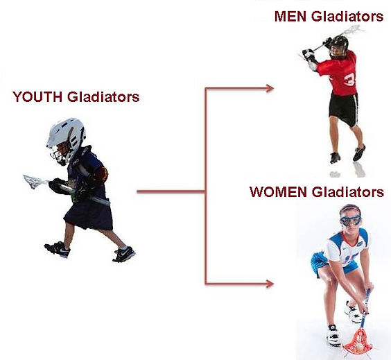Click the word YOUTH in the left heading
click(x=37, y=97)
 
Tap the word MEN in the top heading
click(x=290, y=17)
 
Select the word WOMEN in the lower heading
click(x=278, y=192)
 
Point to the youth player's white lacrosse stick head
click(x=33, y=181)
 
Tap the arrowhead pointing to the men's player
click(x=270, y=88)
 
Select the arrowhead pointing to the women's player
click(x=270, y=284)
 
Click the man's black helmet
click(x=338, y=46)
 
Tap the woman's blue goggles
click(x=351, y=221)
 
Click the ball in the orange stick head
click(x=359, y=347)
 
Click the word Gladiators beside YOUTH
click(x=103, y=97)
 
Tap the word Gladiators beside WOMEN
click(x=348, y=192)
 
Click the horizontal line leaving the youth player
click(x=171, y=192)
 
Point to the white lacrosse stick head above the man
click(x=354, y=31)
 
